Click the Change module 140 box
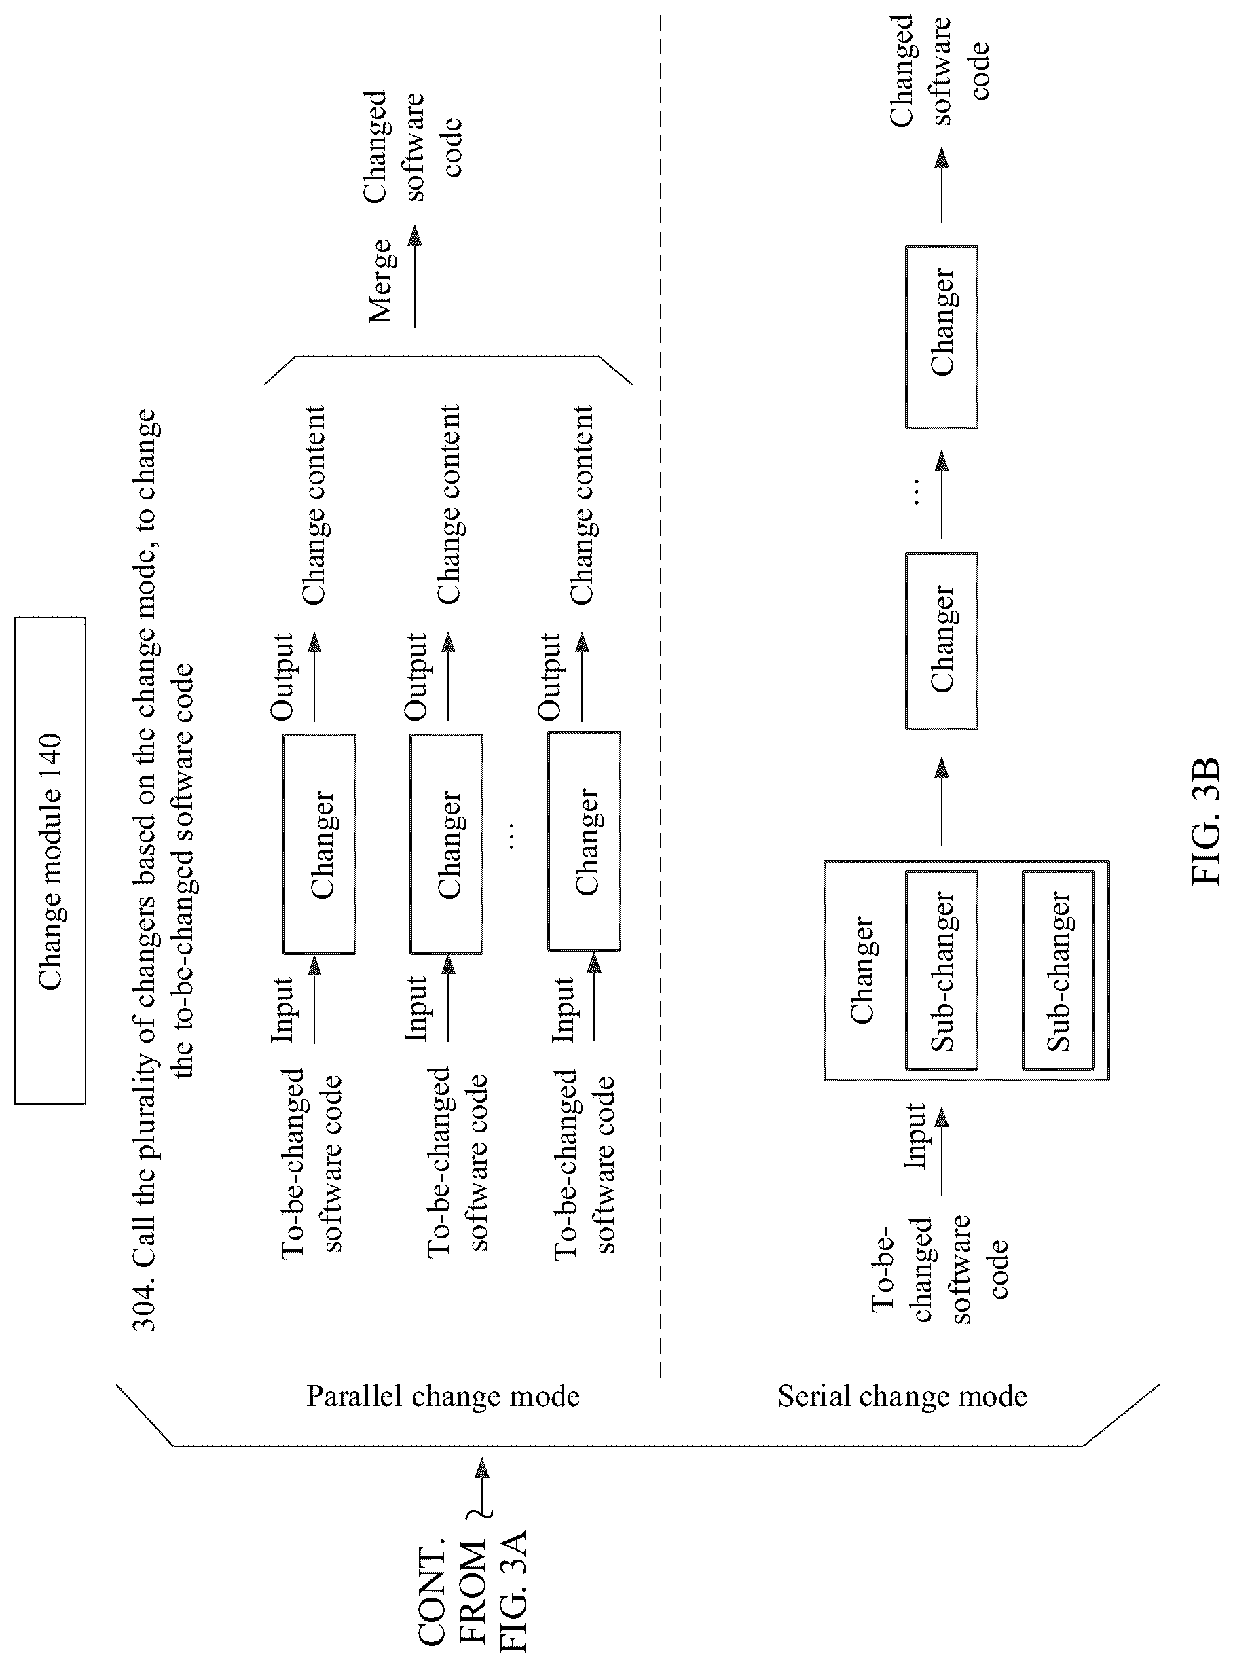tap(50, 860)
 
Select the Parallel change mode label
tap(443, 1395)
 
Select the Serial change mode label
tap(902, 1395)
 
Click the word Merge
tap(380, 281)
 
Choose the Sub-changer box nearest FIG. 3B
tap(1059, 971)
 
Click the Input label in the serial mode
tap(915, 1136)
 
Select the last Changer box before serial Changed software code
tap(941, 337)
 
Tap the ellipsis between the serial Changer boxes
tap(917, 492)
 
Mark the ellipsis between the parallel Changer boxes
tap(511, 836)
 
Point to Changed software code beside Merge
tap(413, 145)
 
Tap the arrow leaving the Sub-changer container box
tap(942, 801)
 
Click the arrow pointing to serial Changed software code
tap(942, 184)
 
